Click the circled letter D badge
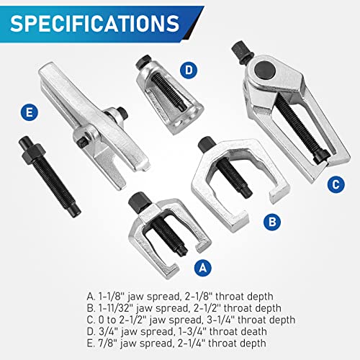189,70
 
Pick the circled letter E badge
29,112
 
